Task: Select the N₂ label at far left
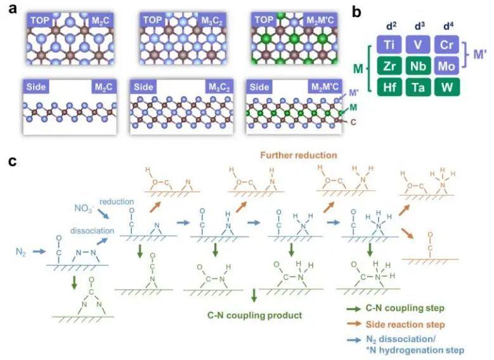tap(21, 252)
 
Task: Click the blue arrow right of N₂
tap(39, 252)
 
